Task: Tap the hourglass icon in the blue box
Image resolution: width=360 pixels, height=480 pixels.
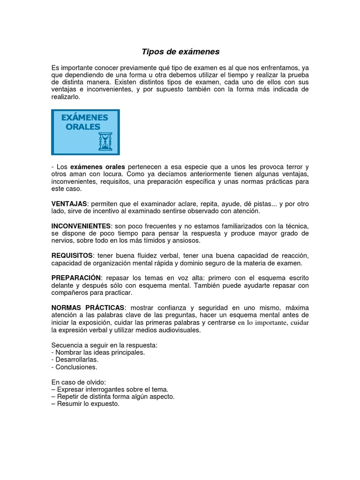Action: click(x=105, y=141)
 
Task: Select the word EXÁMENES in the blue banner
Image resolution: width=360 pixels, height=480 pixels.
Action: click(x=85, y=117)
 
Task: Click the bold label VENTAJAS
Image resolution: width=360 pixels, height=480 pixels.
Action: click(x=69, y=204)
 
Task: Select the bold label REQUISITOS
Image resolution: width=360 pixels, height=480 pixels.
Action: click(x=72, y=255)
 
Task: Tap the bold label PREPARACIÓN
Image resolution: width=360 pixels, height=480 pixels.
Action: click(x=75, y=278)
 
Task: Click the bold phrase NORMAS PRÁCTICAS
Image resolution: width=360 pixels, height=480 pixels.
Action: click(x=88, y=307)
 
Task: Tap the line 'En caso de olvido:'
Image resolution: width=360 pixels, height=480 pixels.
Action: click(x=79, y=382)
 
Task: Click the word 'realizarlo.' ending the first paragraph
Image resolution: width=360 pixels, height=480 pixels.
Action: click(x=66, y=97)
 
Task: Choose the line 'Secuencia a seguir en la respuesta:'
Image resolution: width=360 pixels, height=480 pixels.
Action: click(x=104, y=345)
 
